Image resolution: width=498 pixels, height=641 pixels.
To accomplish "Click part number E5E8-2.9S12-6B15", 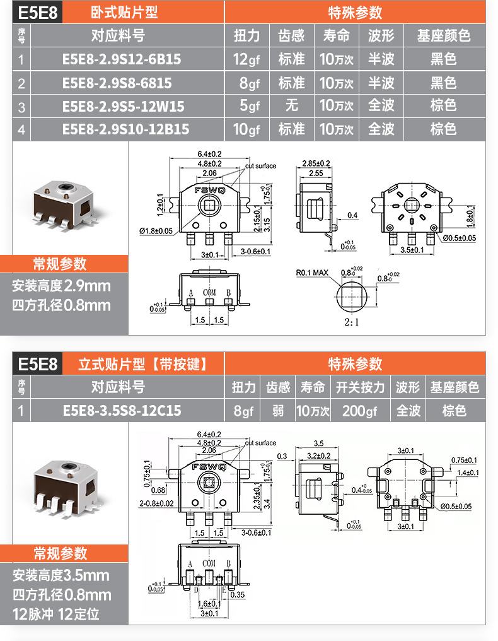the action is click(122, 60).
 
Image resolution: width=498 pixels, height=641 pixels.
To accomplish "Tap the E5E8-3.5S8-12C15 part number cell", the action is click(122, 411).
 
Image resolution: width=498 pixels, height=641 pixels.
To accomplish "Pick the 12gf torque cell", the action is click(246, 60).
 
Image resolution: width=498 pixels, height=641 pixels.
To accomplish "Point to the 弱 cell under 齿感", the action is click(278, 411).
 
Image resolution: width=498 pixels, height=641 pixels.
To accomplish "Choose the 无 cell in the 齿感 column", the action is click(291, 106).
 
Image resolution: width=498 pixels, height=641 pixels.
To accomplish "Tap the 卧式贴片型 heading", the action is click(124, 12).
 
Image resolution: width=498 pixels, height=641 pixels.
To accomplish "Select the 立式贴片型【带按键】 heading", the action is click(142, 364).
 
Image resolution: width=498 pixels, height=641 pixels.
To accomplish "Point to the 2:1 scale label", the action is click(351, 322).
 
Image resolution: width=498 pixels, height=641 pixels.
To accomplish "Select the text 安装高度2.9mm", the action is click(61, 286).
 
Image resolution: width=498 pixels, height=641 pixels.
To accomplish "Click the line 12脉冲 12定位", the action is click(56, 613).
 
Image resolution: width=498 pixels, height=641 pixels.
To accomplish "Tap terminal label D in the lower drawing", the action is click(196, 590).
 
